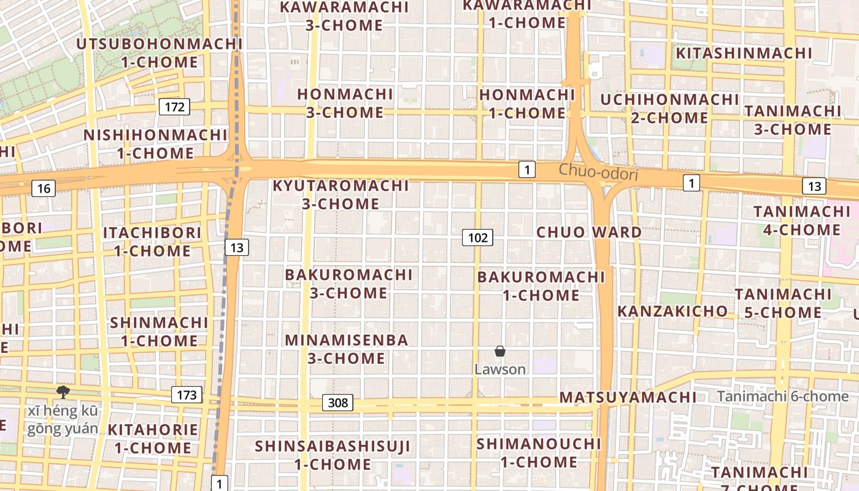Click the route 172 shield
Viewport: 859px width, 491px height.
(175, 107)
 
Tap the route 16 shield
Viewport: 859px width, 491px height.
(44, 188)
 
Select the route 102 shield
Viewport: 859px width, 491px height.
(477, 238)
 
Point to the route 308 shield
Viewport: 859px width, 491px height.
(337, 403)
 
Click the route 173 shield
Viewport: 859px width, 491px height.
(187, 395)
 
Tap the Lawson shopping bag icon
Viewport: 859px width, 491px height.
(500, 352)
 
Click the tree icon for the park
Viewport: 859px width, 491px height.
(62, 392)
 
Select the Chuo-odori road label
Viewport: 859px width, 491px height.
(598, 172)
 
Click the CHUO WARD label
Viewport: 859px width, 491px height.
(589, 233)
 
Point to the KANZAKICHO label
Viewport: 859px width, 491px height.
(672, 311)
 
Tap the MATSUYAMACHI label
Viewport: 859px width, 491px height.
(628, 398)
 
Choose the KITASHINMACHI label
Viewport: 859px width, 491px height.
(744, 53)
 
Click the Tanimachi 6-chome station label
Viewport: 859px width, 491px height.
(783, 396)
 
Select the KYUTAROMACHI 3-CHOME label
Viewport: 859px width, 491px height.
(341, 195)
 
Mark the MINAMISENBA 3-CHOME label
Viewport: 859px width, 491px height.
(347, 349)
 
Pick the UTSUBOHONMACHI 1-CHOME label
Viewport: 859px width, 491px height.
(160, 53)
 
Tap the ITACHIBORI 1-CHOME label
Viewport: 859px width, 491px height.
(152, 242)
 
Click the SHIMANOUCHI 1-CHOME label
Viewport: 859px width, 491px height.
(539, 452)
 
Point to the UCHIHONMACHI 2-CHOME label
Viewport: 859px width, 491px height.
(669, 109)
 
